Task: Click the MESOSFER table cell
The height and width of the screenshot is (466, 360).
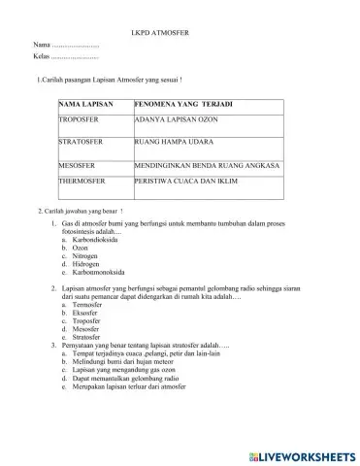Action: click(x=81, y=167)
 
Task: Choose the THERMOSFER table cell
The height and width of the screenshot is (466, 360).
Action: click(x=84, y=182)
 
